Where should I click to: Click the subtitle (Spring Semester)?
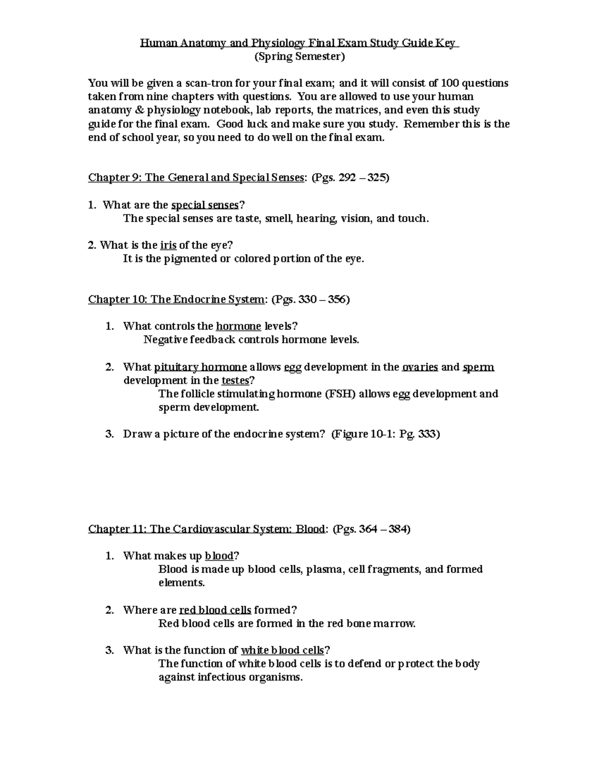299,57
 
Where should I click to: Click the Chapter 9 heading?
196,178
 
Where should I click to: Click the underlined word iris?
168,245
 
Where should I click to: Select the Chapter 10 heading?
176,299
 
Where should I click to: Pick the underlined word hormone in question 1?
238,326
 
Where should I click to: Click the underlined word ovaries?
420,367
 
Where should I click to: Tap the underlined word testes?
235,381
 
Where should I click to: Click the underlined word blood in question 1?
219,556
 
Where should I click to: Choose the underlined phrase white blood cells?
283,650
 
